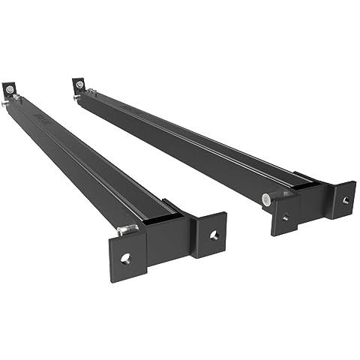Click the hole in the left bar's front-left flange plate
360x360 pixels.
(x=125, y=258)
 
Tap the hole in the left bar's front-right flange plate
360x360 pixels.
(x=214, y=235)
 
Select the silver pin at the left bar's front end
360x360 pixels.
(x=127, y=229)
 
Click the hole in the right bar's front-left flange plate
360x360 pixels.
(x=284, y=217)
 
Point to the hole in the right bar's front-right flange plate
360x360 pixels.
(x=345, y=200)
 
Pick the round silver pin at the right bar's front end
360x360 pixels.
(x=265, y=199)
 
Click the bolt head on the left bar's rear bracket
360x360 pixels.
(x=9, y=89)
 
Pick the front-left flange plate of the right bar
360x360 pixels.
(x=285, y=215)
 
